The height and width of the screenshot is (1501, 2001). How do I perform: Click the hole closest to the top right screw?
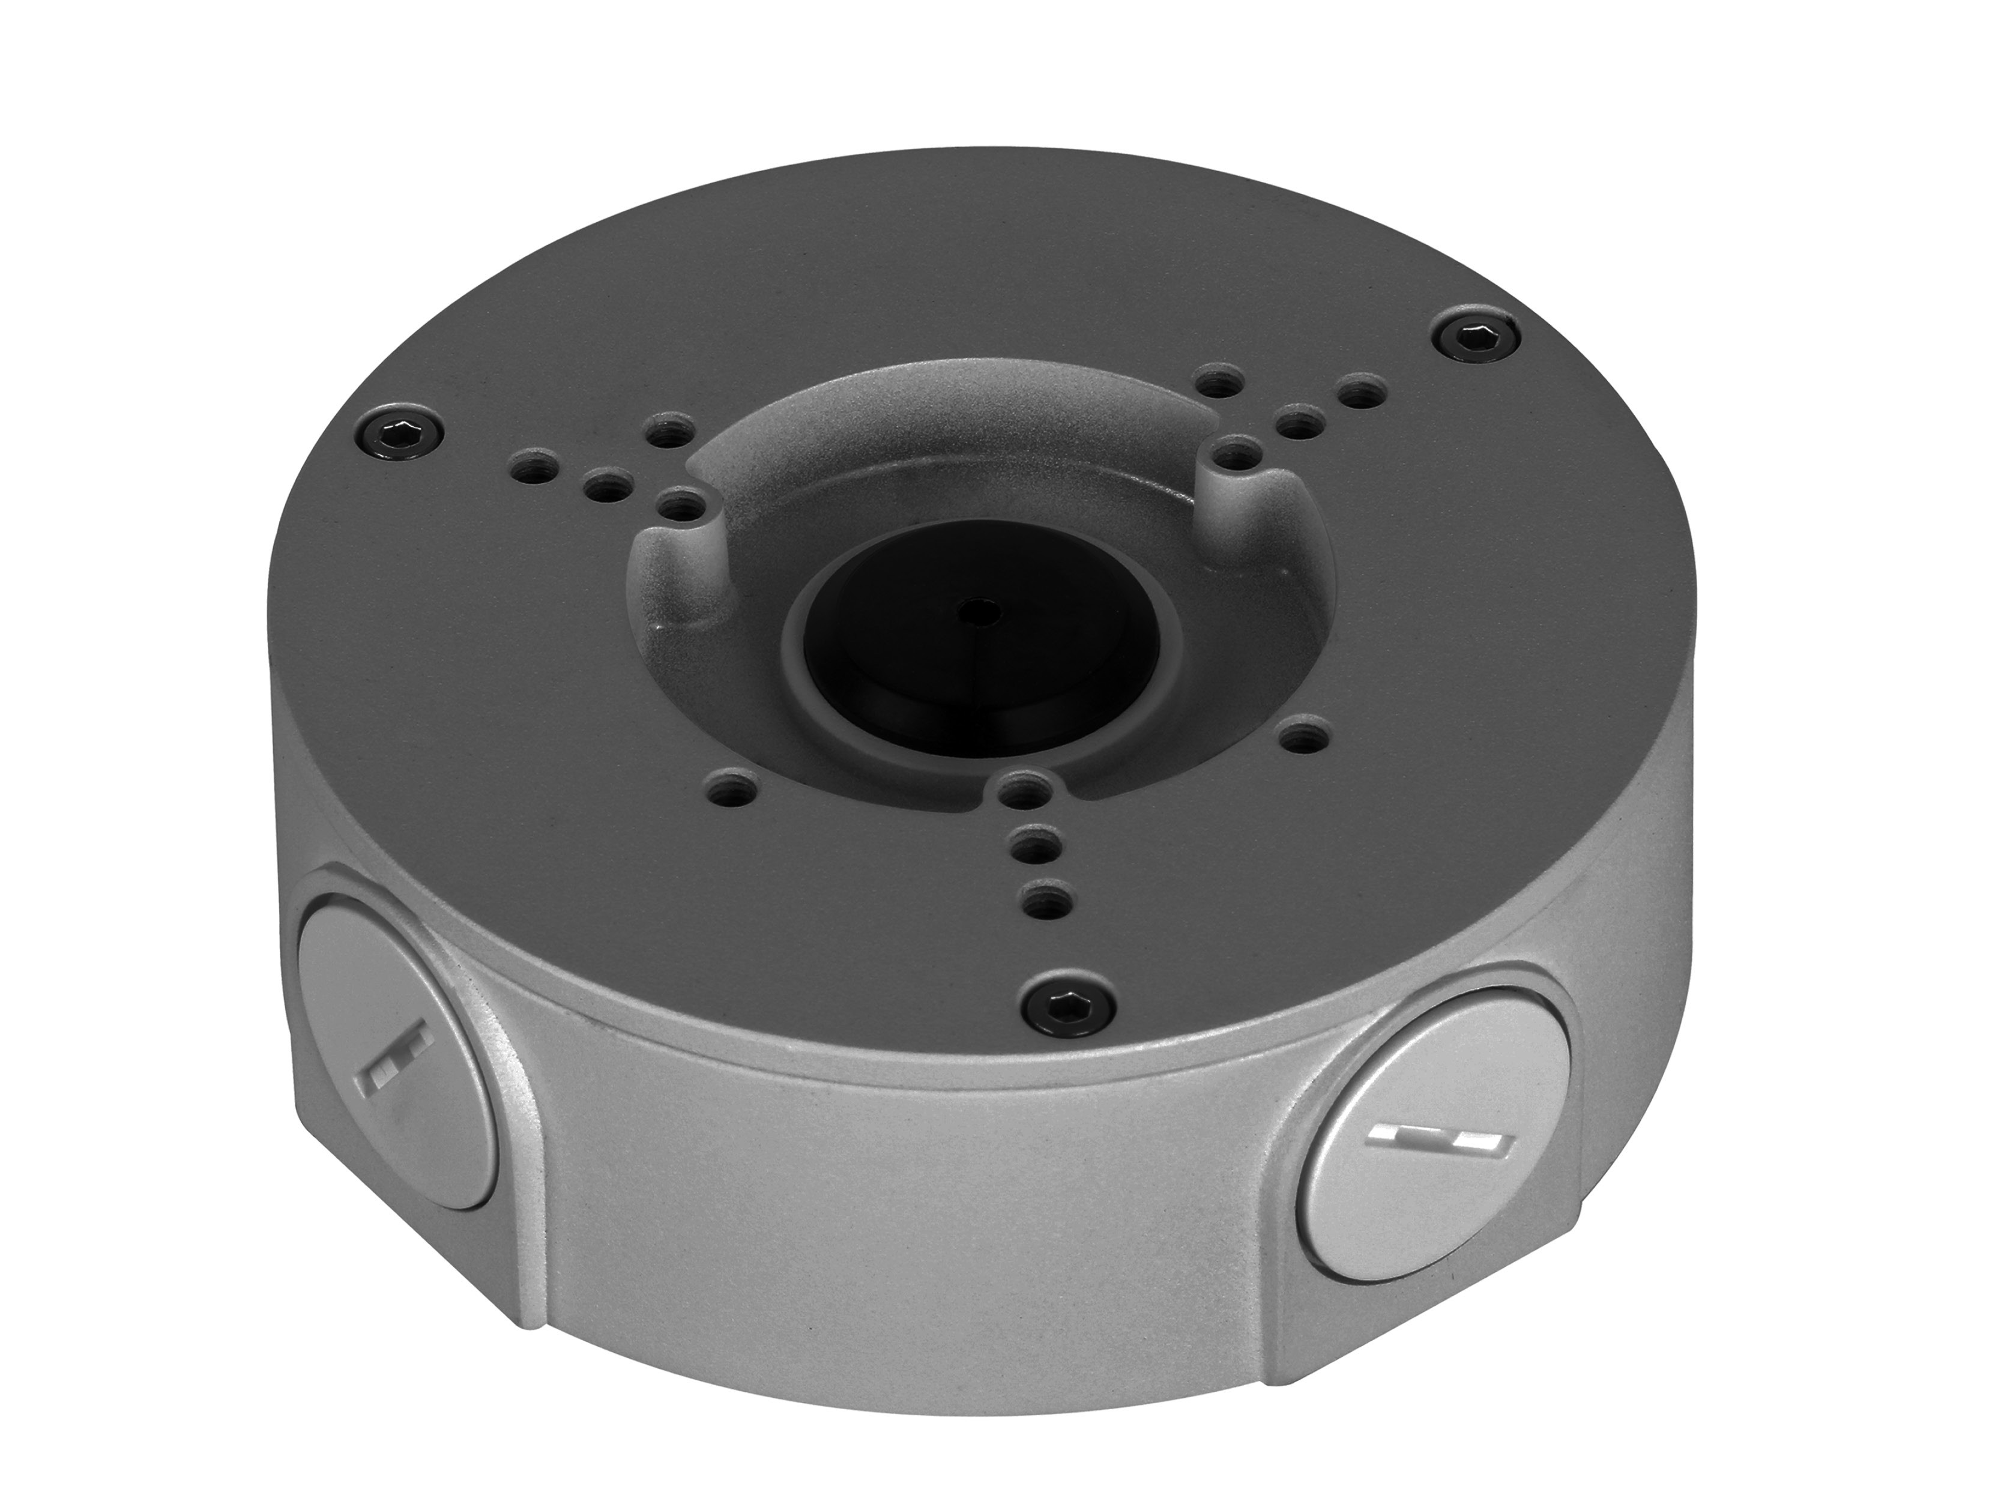(x=1358, y=393)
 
